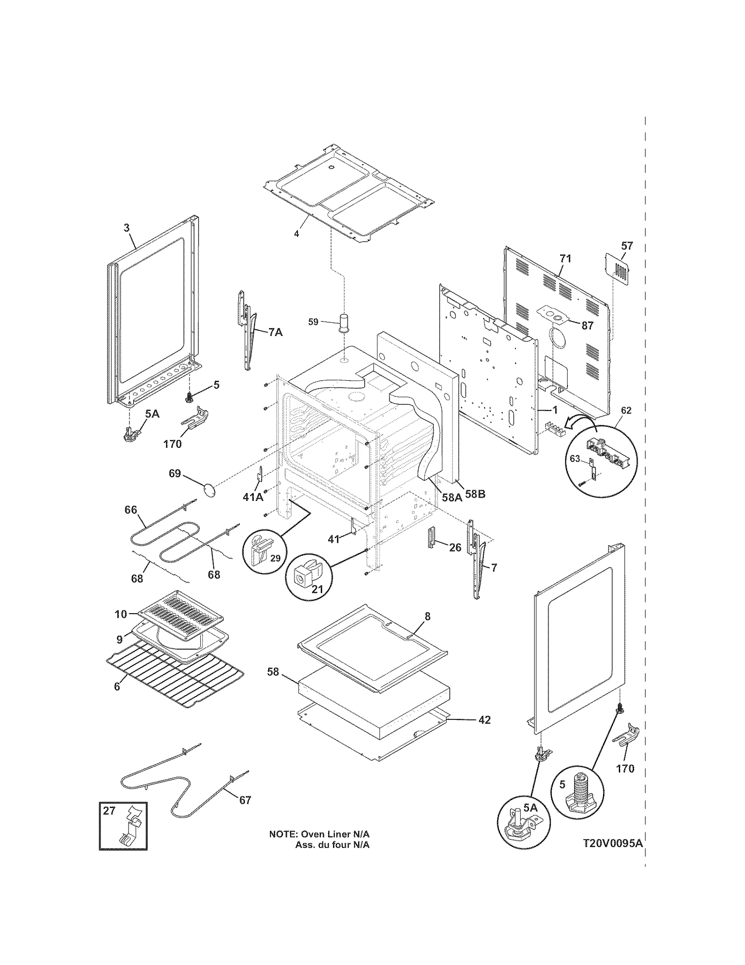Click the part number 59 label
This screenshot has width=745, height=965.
pyautogui.click(x=313, y=322)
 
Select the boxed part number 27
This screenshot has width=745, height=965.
pyautogui.click(x=109, y=811)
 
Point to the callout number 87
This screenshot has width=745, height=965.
pyautogui.click(x=587, y=325)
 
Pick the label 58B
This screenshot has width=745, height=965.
pyautogui.click(x=475, y=494)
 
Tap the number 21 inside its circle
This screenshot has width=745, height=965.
pyautogui.click(x=317, y=589)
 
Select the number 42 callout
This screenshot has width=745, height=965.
pyautogui.click(x=484, y=720)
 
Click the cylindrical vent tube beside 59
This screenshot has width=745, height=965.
pyautogui.click(x=345, y=322)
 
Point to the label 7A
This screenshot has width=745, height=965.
pyautogui.click(x=275, y=332)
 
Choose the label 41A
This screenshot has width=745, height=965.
pyautogui.click(x=253, y=497)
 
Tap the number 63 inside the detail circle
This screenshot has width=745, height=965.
pyautogui.click(x=575, y=459)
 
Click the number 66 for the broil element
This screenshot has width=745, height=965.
pyautogui.click(x=131, y=510)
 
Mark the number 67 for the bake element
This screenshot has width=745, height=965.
pyautogui.click(x=245, y=800)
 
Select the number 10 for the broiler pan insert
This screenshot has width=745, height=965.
pyautogui.click(x=121, y=614)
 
